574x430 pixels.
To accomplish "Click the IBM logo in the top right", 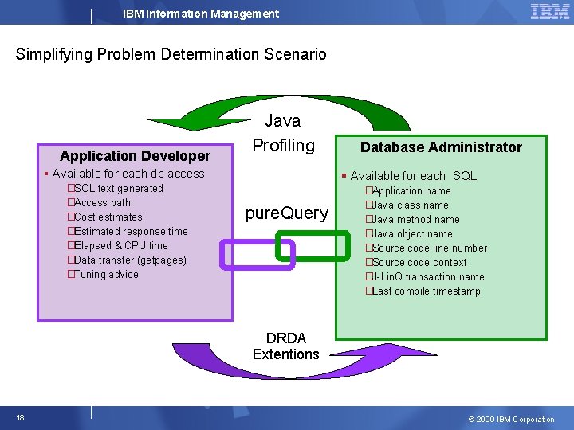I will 549,11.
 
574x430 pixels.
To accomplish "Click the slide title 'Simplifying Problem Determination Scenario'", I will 171,54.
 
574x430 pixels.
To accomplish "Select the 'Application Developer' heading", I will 136,155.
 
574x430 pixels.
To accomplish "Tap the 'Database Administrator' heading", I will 441,147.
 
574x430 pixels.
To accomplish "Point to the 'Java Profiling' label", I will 283,133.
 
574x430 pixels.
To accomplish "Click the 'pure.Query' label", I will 286,213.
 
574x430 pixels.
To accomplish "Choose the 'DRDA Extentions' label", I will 285,346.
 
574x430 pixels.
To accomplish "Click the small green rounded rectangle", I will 312,245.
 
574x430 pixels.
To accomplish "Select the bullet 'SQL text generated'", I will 117,189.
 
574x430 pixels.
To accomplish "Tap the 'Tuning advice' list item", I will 105,275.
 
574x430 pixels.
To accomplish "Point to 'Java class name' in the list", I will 410,205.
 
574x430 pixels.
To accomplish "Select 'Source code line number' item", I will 429,248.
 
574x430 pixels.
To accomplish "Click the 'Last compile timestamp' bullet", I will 426,291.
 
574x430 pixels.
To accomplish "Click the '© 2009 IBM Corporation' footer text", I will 511,420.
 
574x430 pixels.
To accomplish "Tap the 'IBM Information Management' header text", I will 201,14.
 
